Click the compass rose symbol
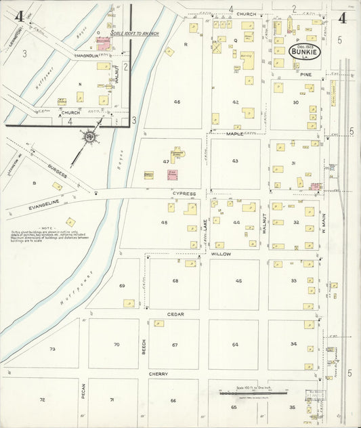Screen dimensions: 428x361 [x=89, y=137]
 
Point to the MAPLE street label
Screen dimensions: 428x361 [x=234, y=134]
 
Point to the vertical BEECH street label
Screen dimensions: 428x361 [x=144, y=346]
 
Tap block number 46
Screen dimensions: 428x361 [x=176, y=102]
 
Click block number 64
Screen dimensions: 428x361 [x=234, y=345]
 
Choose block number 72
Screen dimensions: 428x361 [x=42, y=400]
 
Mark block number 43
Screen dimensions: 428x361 [x=234, y=161]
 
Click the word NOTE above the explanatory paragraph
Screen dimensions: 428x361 [x=47, y=228]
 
